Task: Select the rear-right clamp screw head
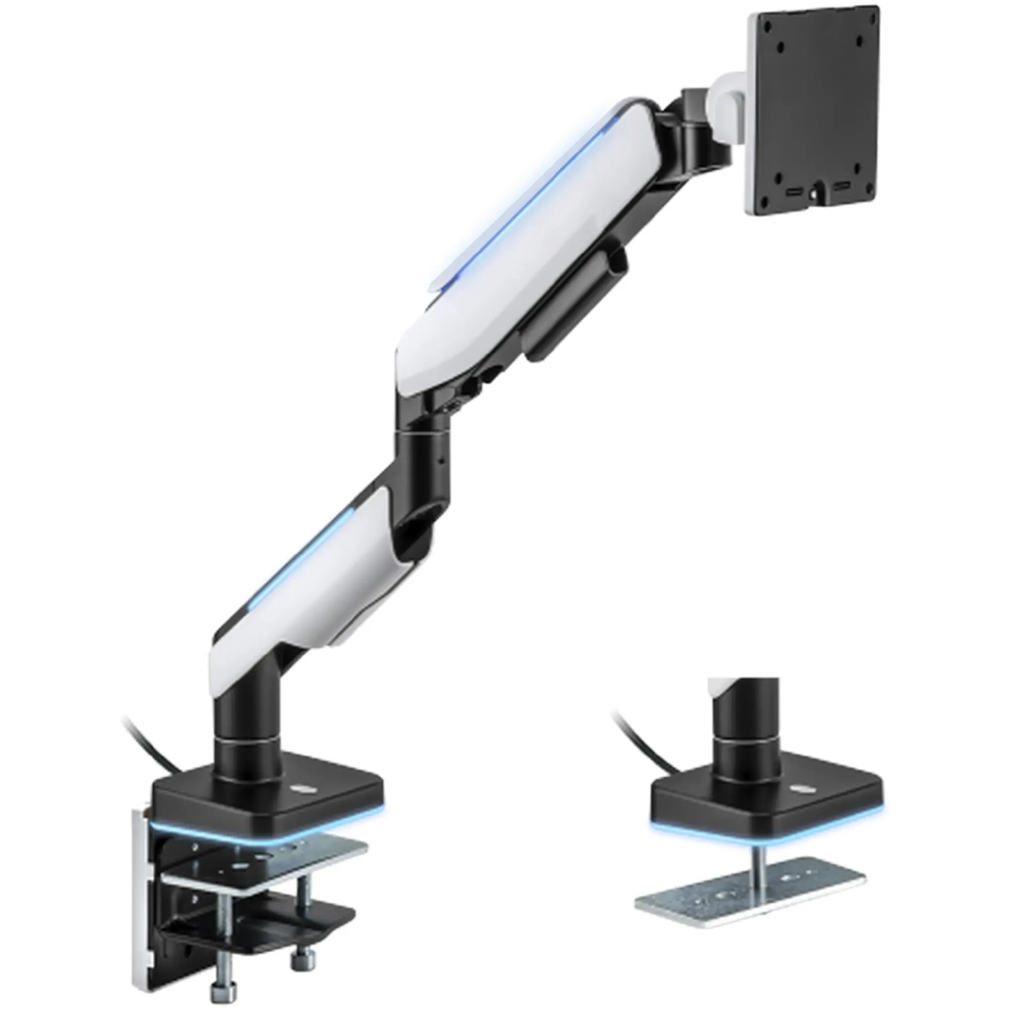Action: pos(301,959)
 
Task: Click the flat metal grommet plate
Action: pos(750,890)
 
